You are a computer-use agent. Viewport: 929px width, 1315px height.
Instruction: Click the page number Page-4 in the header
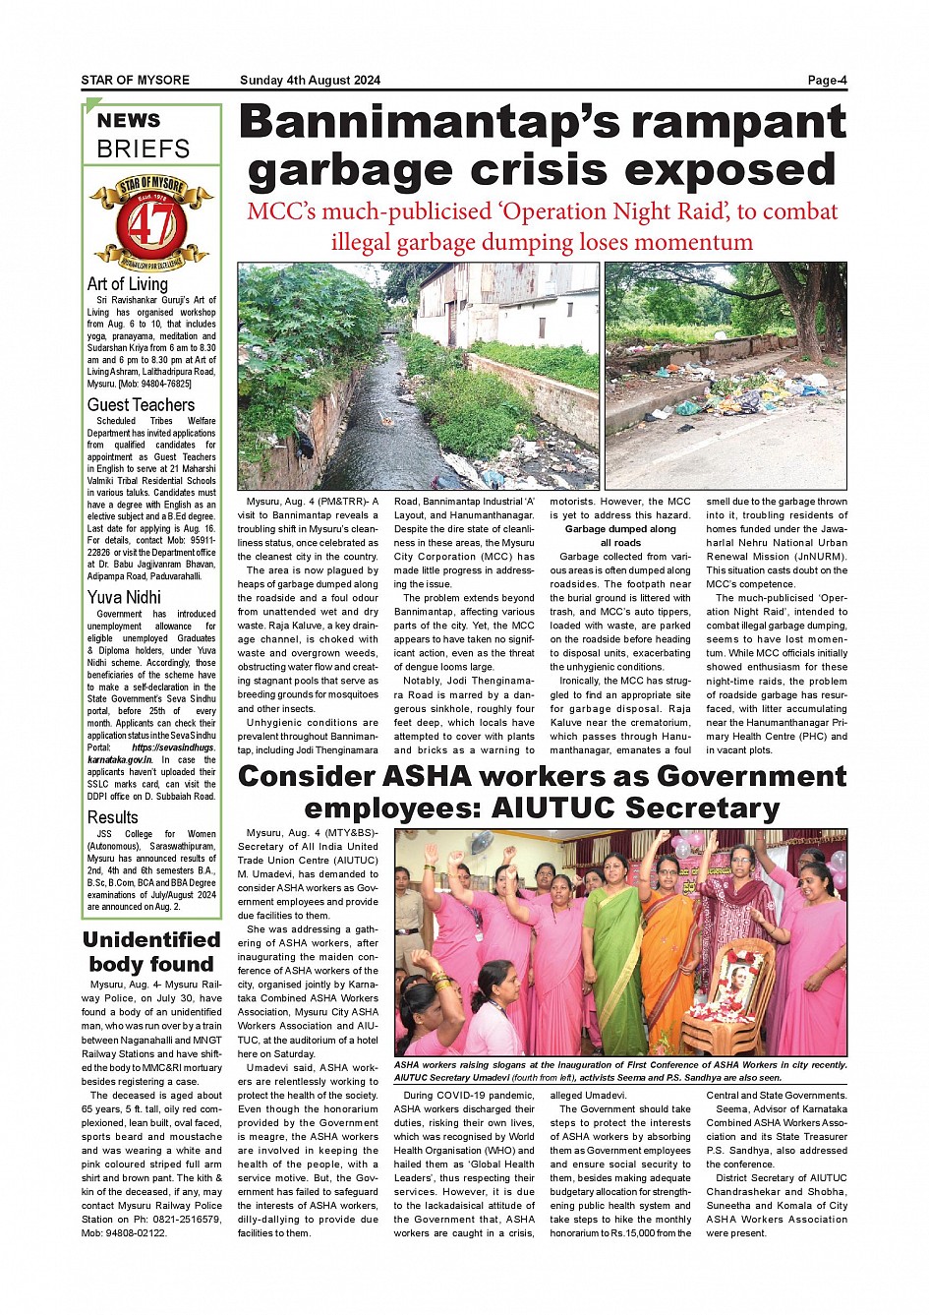tap(827, 81)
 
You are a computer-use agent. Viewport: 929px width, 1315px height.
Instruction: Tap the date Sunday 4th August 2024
tap(310, 81)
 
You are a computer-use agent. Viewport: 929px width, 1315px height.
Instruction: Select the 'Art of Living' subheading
tap(128, 284)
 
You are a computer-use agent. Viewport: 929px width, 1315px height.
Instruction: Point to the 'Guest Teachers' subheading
tap(141, 405)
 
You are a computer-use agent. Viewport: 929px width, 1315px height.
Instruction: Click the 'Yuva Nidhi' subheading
tap(124, 597)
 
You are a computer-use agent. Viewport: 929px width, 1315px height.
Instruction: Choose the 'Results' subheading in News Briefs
tap(113, 817)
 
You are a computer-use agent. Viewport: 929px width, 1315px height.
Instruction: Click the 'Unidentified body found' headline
tap(151, 952)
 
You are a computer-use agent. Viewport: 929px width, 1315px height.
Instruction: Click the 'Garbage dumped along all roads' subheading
tap(620, 536)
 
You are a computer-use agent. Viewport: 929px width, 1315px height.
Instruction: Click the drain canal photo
tap(418, 376)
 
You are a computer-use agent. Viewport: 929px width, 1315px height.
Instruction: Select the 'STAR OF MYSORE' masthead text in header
tap(136, 81)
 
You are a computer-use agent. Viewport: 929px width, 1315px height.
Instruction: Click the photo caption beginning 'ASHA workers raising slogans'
tap(620, 1071)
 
